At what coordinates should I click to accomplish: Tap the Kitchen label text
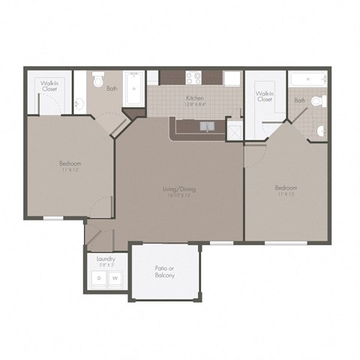(194, 97)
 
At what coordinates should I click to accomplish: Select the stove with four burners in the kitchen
(192, 77)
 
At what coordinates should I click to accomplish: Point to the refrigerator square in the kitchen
(231, 78)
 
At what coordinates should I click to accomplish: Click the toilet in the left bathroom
(97, 79)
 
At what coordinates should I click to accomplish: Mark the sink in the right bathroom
(321, 130)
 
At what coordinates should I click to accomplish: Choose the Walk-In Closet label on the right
(265, 97)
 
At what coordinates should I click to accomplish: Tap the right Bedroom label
(286, 188)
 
